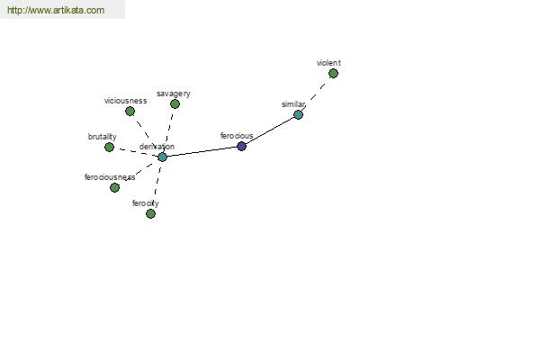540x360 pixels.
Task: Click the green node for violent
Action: click(333, 74)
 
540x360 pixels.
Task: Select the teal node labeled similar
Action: click(298, 114)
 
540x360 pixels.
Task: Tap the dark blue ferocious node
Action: click(242, 146)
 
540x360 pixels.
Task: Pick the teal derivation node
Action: click(162, 157)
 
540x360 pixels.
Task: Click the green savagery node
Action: click(175, 104)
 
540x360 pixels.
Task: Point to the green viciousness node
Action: click(130, 111)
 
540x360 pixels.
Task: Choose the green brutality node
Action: click(109, 147)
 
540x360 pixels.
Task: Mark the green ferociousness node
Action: click(114, 187)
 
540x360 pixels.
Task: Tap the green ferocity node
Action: click(150, 213)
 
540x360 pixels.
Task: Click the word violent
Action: click(328, 63)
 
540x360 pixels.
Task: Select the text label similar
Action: click(293, 104)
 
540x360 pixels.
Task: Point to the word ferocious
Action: click(237, 136)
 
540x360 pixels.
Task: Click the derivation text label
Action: click(157, 147)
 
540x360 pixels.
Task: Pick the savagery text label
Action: click(173, 94)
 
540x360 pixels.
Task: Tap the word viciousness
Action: click(125, 101)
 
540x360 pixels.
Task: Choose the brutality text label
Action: click(102, 137)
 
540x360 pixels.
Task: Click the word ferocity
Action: click(145, 203)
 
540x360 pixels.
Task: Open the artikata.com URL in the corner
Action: click(56, 10)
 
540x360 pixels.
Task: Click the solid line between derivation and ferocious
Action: click(202, 151)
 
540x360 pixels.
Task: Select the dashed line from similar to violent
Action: click(316, 93)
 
